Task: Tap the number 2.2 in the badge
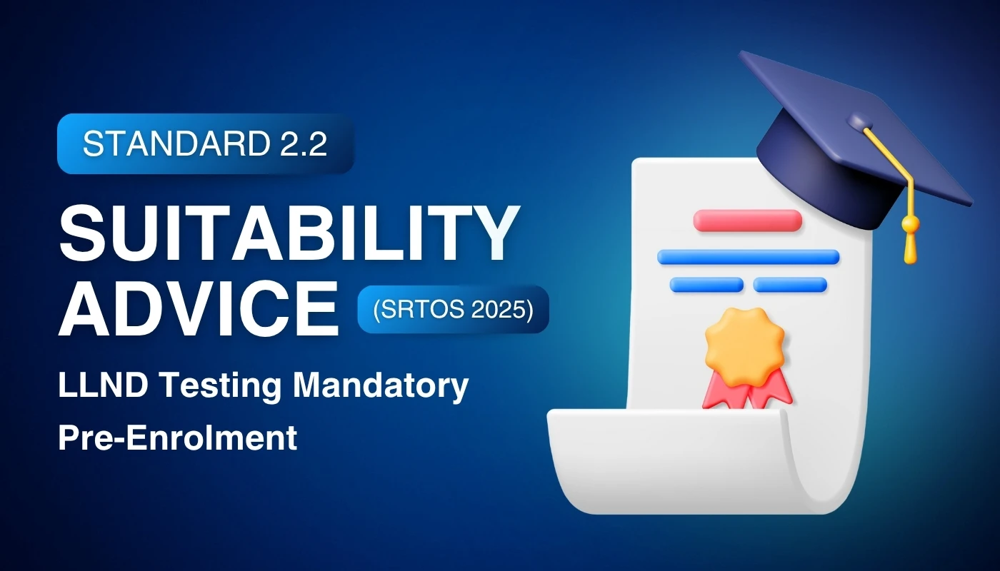(x=301, y=144)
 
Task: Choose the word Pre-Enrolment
(x=177, y=437)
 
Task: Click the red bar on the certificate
(x=747, y=220)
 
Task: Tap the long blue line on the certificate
(x=747, y=257)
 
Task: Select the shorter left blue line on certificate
(x=706, y=285)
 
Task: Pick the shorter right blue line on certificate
(x=790, y=285)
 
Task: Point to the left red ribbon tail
(x=720, y=391)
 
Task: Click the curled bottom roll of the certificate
(x=686, y=457)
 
